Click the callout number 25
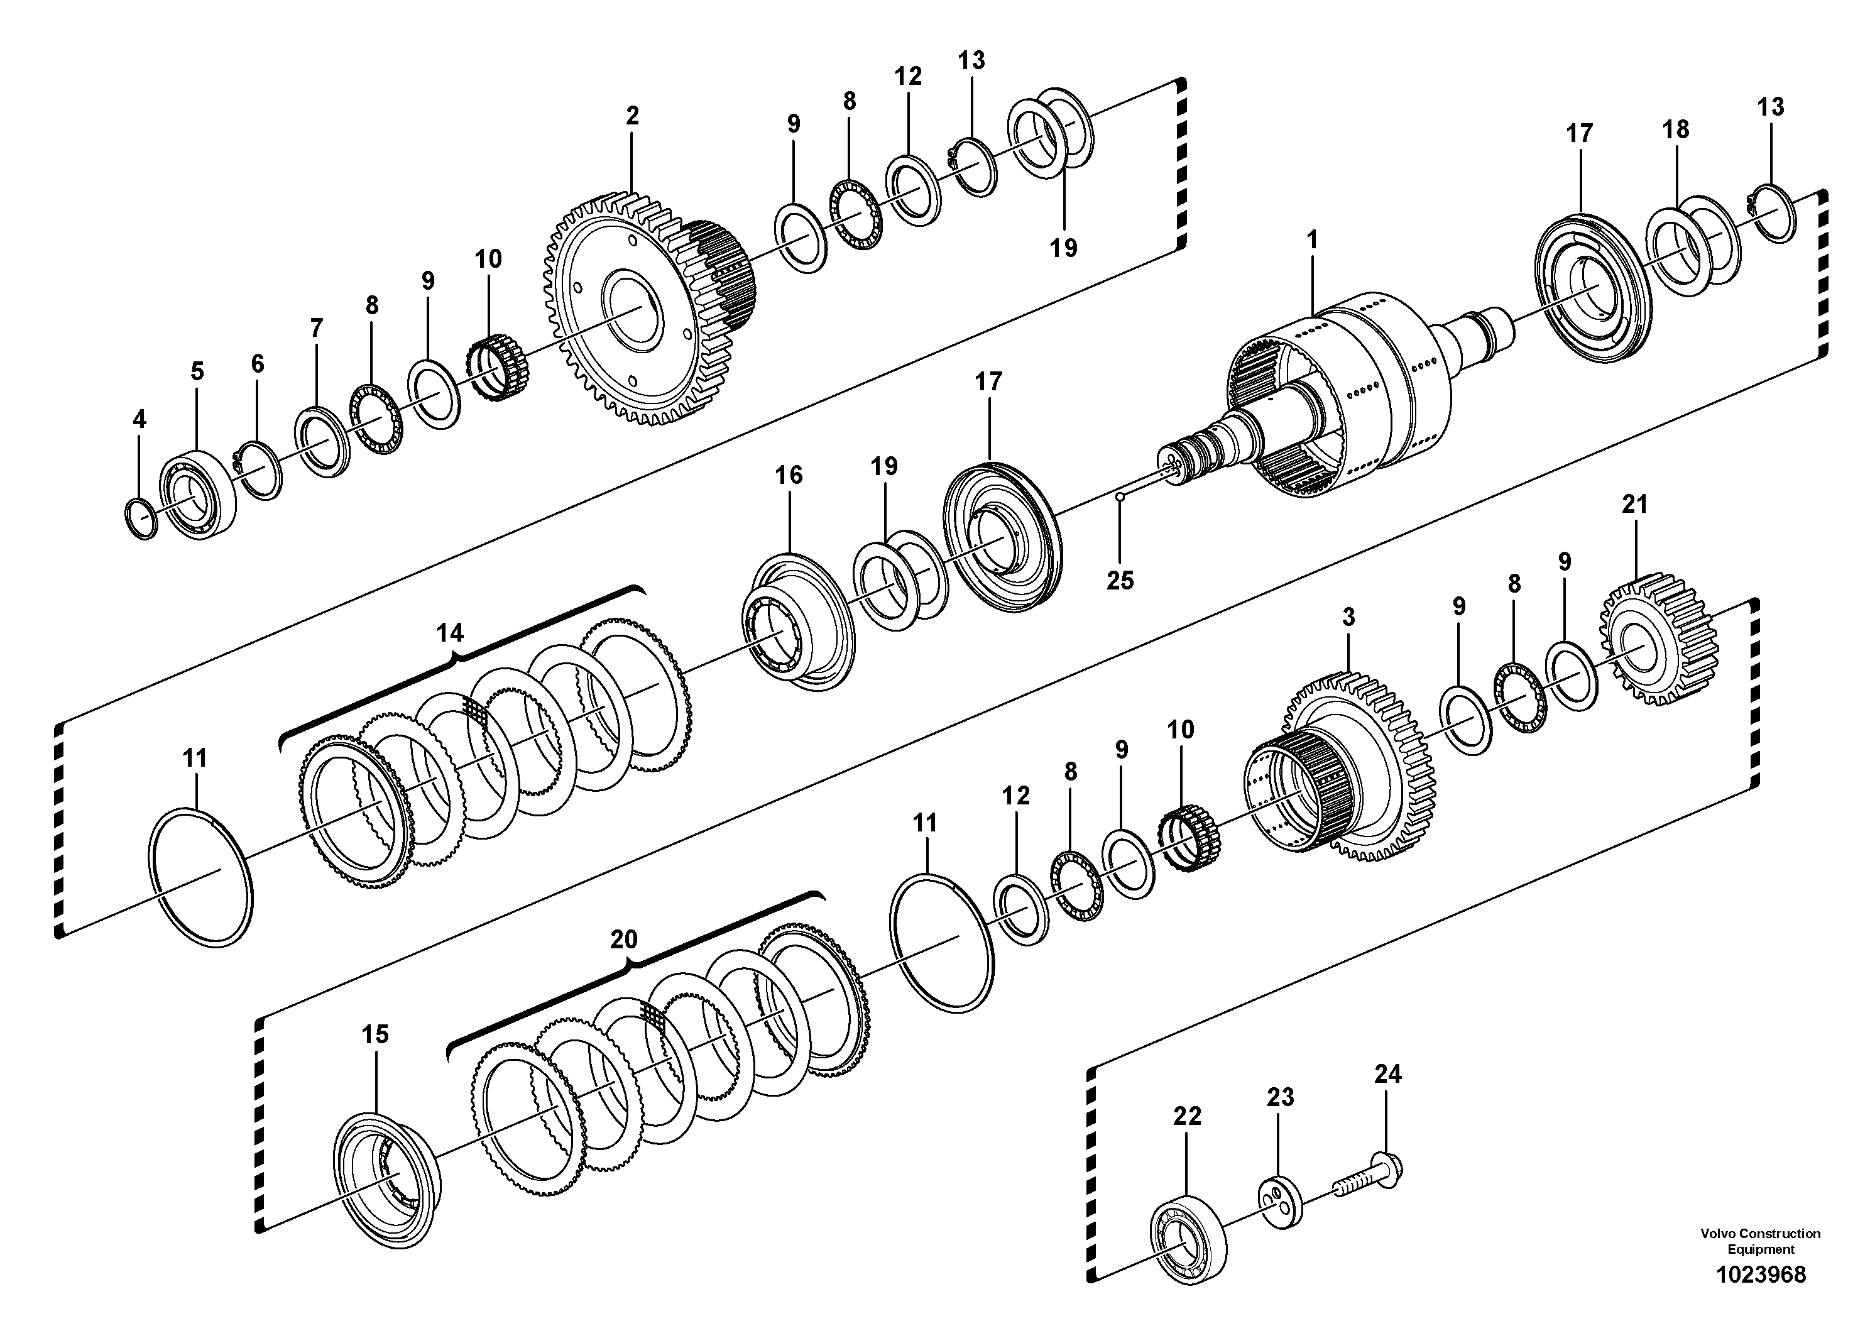click(x=1120, y=580)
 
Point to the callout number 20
click(x=624, y=939)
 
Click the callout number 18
click(x=1675, y=129)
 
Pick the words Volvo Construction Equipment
click(x=1760, y=1241)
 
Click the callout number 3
click(x=1348, y=617)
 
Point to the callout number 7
click(x=316, y=328)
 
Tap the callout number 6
click(x=258, y=363)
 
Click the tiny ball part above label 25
click(x=1121, y=495)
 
